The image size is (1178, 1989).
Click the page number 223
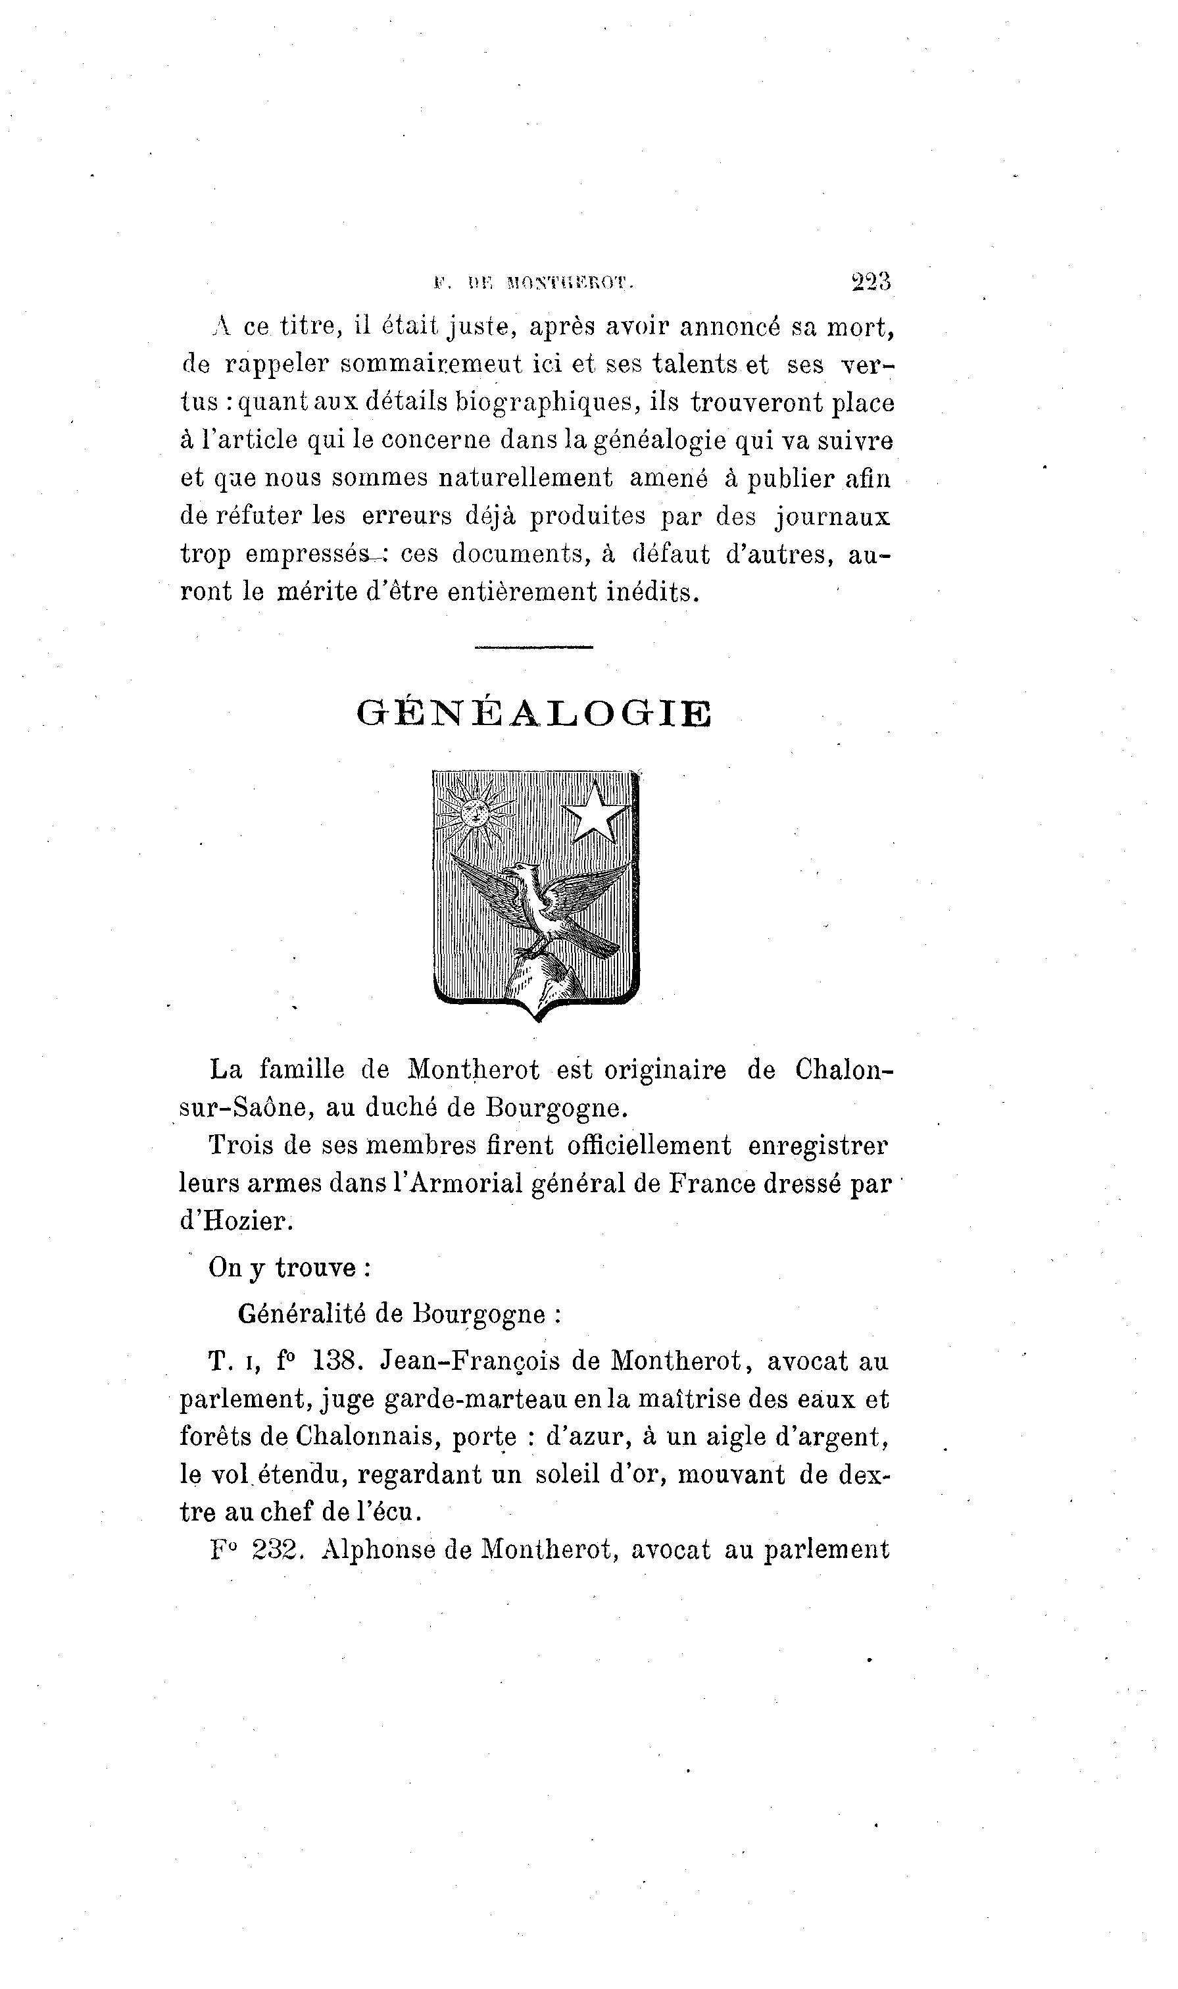[871, 282]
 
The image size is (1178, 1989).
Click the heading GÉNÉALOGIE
[534, 714]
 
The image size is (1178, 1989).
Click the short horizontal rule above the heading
[533, 647]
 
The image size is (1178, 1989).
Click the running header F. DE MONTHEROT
[532, 282]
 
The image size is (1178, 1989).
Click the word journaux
[833, 518]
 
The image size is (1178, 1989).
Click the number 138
[338, 1361]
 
